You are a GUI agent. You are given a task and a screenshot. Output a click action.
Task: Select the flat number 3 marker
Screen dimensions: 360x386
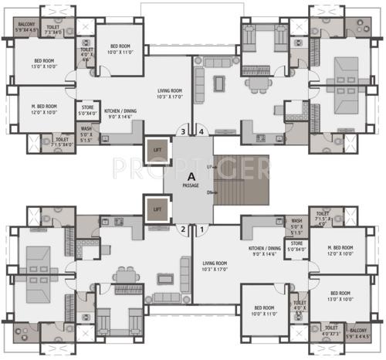pyautogui.click(x=182, y=131)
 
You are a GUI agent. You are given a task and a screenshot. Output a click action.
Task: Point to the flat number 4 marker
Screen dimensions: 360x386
pyautogui.click(x=201, y=131)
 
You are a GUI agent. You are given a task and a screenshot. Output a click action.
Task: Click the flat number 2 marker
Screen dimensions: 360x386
pyautogui.click(x=183, y=229)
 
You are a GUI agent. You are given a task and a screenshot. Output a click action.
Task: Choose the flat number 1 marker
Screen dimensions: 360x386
pyautogui.click(x=201, y=229)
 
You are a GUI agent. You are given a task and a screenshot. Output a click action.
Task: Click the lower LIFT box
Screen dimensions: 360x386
pyautogui.click(x=157, y=209)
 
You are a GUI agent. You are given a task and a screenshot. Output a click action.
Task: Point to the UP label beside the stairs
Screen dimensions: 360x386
pyautogui.click(x=210, y=167)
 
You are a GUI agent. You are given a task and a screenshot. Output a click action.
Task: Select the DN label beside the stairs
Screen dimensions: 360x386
pyautogui.click(x=210, y=194)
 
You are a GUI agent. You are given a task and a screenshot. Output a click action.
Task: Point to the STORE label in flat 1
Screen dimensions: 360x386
pyautogui.click(x=295, y=247)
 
